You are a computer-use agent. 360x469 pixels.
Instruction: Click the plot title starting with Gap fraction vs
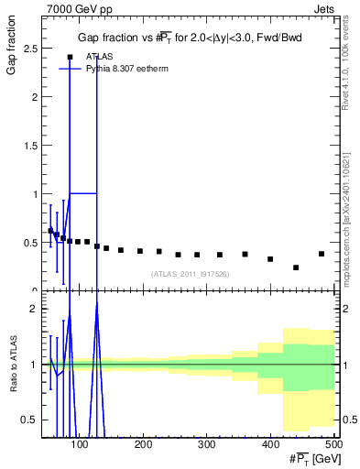(x=189, y=38)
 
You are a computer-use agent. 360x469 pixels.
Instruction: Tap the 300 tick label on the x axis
(x=206, y=444)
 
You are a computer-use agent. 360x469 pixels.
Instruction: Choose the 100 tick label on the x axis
(x=80, y=444)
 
